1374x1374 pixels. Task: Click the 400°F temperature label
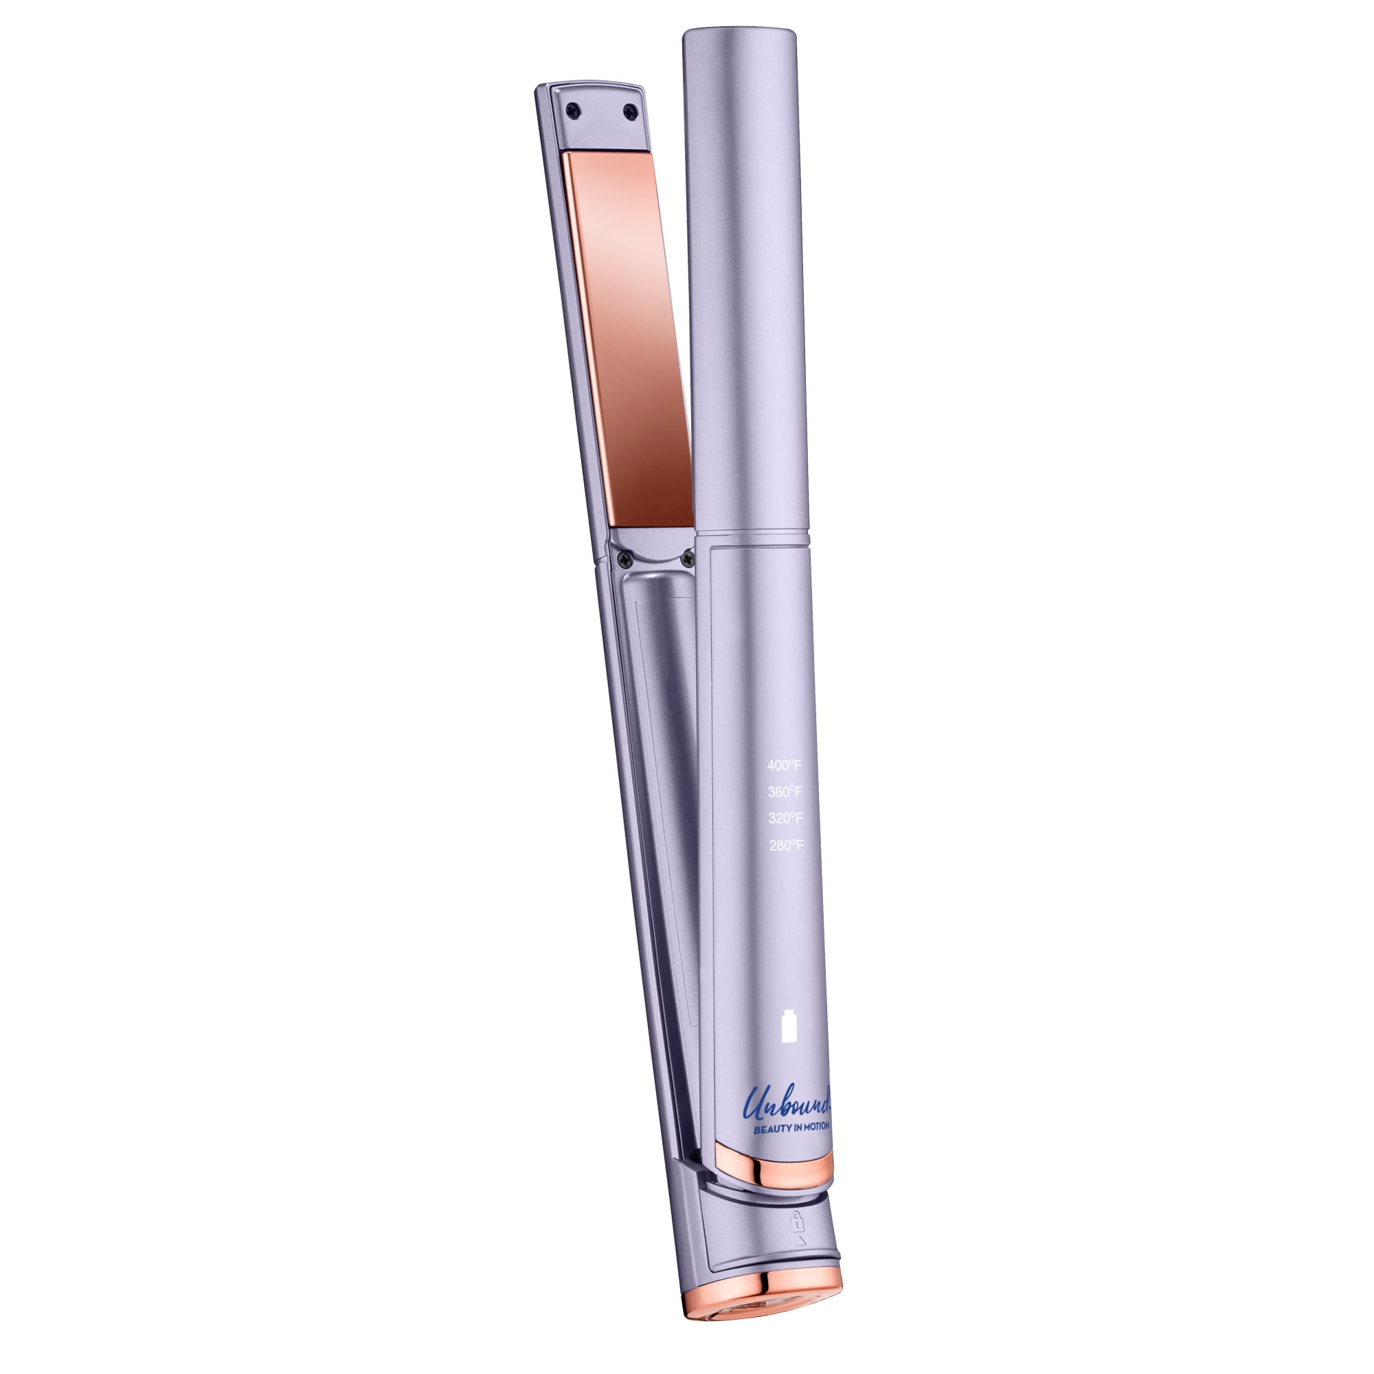[785, 766]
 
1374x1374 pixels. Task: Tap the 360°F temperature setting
[785, 792]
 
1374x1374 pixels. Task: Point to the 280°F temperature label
[787, 846]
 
